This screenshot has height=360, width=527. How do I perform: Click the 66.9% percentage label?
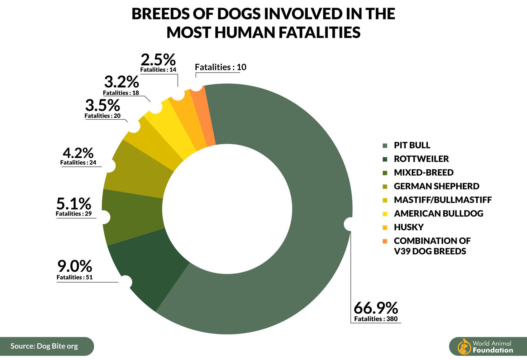[x=375, y=308]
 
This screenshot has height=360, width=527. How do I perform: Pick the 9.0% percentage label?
[x=75, y=266]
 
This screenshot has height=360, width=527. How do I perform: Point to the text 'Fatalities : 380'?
[x=375, y=319]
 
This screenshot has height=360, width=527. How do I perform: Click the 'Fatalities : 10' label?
[x=220, y=67]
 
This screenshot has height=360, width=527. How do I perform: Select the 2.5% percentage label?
[x=158, y=59]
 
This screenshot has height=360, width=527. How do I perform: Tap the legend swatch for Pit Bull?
[x=385, y=146]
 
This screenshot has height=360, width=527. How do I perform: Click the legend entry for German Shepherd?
[x=436, y=186]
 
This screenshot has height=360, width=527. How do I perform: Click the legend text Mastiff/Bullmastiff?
[x=442, y=200]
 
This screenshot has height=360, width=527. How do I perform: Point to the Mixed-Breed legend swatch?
[x=385, y=173]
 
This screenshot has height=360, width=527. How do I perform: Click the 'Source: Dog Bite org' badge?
[x=44, y=346]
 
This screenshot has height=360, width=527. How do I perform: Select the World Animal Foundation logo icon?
[x=464, y=347]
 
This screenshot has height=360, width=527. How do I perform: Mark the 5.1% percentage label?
[x=74, y=204]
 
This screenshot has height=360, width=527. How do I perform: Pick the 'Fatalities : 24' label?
[x=78, y=163]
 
